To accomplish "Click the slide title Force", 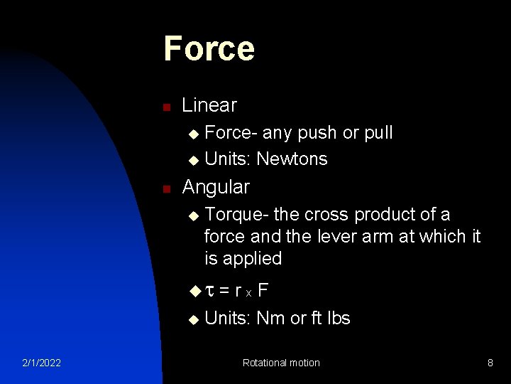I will point(209,48).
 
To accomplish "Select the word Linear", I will point(209,105).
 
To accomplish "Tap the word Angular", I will point(216,187).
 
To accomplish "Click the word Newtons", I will point(292,159).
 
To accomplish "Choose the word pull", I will point(378,133).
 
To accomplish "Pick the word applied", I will point(253,258).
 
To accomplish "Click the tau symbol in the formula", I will point(209,290).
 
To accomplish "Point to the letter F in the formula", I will point(263,289).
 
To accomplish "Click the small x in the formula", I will point(248,293).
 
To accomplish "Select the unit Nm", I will point(270,318).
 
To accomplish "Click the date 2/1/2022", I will point(40,363).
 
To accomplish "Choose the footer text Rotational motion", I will point(281,363).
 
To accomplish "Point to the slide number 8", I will point(490,363).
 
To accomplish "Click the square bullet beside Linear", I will point(165,107).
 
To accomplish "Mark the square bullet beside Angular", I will point(165,189).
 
